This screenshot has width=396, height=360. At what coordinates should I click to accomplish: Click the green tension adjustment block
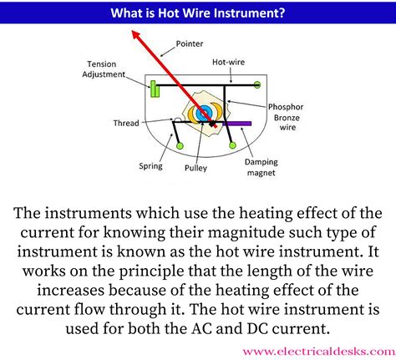coord(155,87)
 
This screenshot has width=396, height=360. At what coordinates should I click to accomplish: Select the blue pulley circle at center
coord(203,112)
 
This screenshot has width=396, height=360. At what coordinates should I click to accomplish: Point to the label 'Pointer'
coord(189,43)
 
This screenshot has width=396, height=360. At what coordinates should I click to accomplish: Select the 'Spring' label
coord(150,166)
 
